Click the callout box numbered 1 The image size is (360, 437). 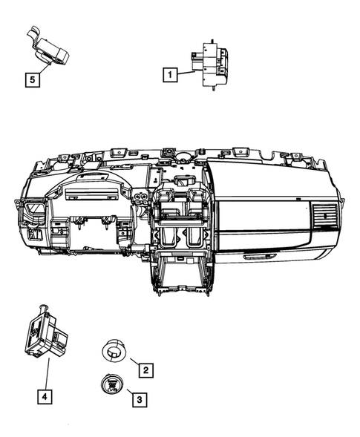[x=171, y=74]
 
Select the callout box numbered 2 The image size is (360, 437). [x=146, y=369]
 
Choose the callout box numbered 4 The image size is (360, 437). [x=46, y=398]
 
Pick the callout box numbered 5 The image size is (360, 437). [x=33, y=76]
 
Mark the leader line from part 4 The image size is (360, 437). [x=48, y=375]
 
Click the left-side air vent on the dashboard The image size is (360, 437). [x=34, y=214]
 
